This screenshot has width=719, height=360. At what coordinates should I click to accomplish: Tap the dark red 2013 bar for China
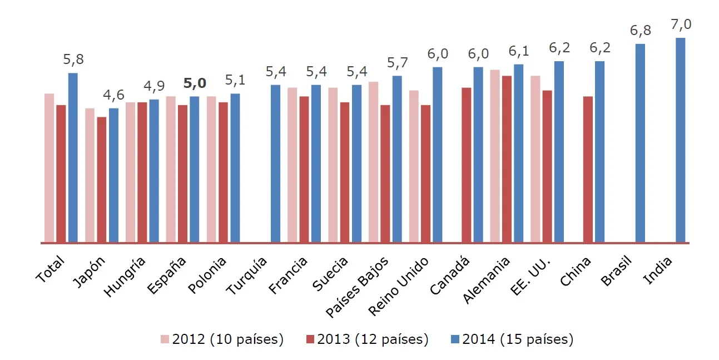tap(588, 169)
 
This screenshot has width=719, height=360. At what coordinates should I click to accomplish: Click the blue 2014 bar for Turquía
tap(275, 164)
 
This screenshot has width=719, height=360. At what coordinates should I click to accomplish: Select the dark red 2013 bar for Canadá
tap(467, 165)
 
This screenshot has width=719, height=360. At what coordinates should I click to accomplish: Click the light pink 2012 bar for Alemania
tap(495, 156)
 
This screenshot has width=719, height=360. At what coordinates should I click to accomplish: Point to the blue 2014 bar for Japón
tap(113, 175)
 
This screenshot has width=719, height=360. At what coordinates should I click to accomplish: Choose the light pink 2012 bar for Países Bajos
tap(373, 162)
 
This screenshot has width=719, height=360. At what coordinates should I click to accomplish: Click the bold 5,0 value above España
tap(195, 83)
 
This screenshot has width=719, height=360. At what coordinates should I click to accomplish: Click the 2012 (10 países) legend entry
tap(222, 339)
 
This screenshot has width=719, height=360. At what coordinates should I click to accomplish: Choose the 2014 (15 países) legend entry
tap(512, 339)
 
